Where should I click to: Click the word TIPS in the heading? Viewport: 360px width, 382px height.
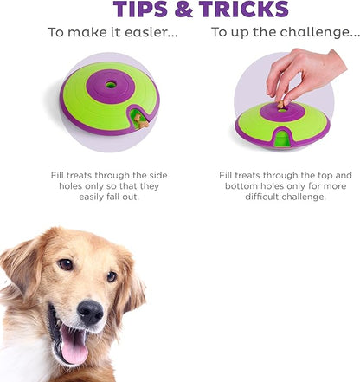click(x=140, y=10)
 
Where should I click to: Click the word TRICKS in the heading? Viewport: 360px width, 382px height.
click(x=244, y=10)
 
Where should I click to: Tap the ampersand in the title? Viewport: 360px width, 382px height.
click(x=183, y=10)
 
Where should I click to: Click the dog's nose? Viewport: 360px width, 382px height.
click(x=90, y=312)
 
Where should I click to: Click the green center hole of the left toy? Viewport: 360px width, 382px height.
click(x=111, y=85)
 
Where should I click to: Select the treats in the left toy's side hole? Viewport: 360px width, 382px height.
click(x=141, y=122)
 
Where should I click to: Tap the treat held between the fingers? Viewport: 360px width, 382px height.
click(x=280, y=105)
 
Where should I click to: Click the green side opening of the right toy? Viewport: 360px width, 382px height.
click(x=282, y=139)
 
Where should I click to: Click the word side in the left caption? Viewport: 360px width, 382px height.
click(x=158, y=175)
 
